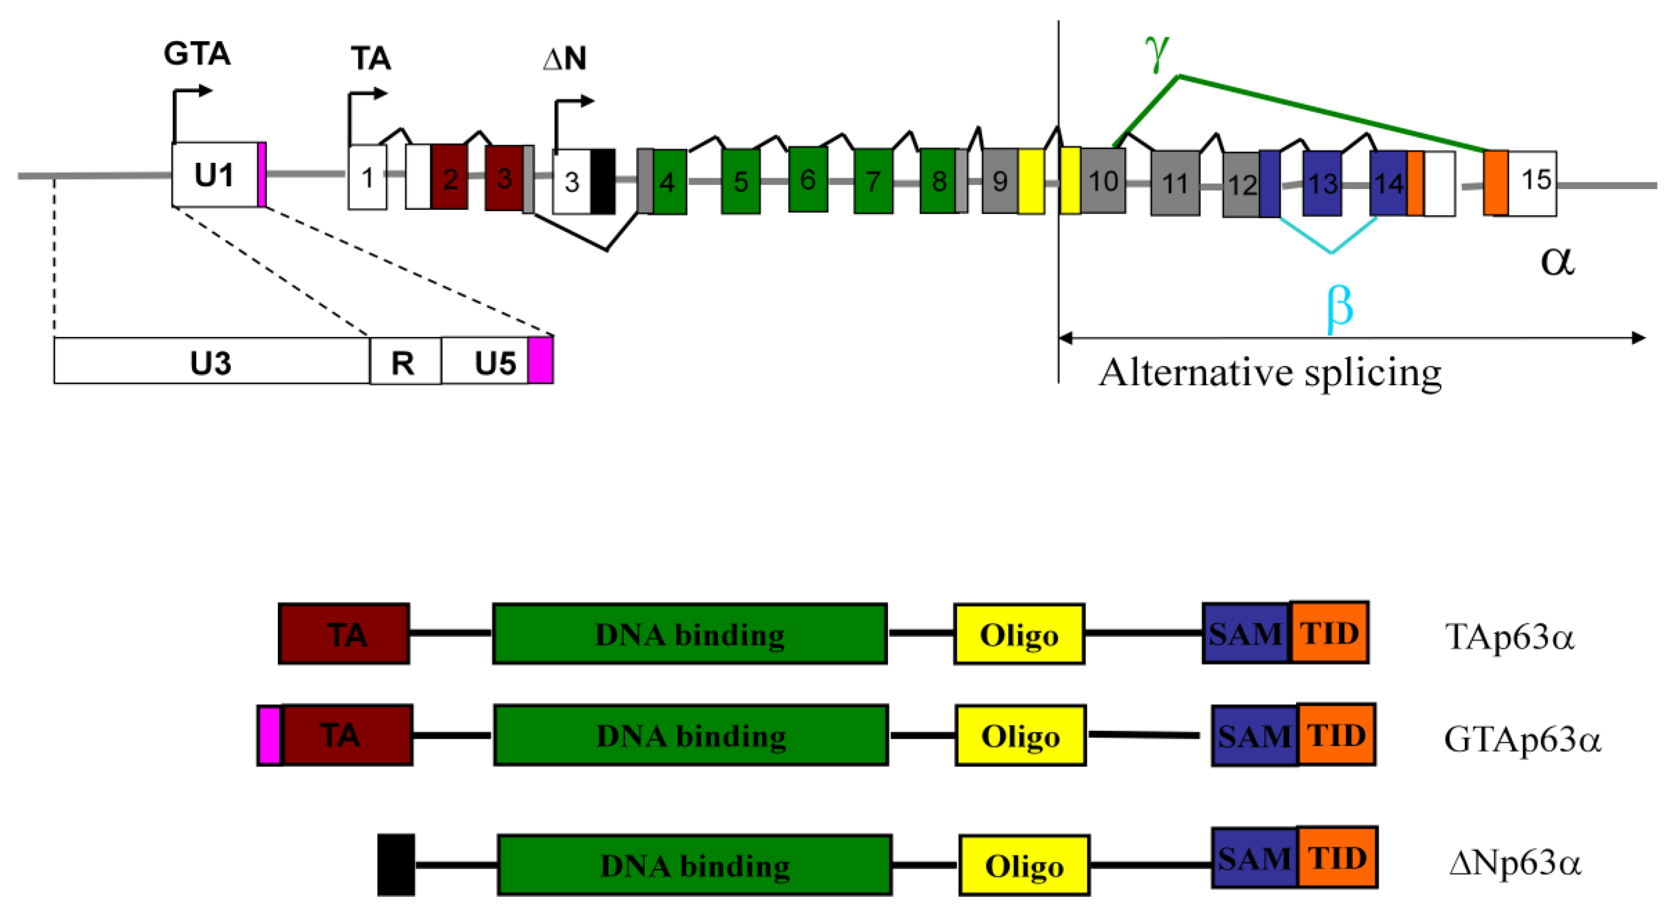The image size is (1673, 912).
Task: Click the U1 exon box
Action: pyautogui.click(x=214, y=174)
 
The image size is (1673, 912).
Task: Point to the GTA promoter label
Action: pyautogui.click(x=197, y=53)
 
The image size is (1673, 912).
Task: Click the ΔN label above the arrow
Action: pyautogui.click(x=564, y=58)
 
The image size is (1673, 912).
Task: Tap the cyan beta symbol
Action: pyautogui.click(x=1339, y=307)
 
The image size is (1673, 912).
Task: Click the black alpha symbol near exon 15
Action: pyautogui.click(x=1557, y=261)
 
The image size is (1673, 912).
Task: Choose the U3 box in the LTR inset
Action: pyautogui.click(x=211, y=361)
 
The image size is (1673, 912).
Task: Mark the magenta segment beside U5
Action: pyautogui.click(x=540, y=360)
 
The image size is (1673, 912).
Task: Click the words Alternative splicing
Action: pyautogui.click(x=1270, y=373)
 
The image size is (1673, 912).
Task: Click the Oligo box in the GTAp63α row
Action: pyautogui.click(x=1020, y=735)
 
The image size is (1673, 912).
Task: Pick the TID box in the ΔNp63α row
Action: pyautogui.click(x=1337, y=858)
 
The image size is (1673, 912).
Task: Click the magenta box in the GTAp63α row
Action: pyautogui.click(x=269, y=735)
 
